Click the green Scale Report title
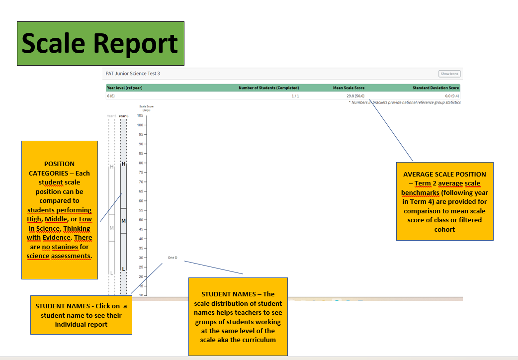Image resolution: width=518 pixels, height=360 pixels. pyautogui.click(x=100, y=44)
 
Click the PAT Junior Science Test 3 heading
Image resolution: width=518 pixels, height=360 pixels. pyautogui.click(x=133, y=74)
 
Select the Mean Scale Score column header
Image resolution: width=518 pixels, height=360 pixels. pyautogui.click(x=348, y=88)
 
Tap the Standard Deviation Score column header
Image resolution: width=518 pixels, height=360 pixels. pyautogui.click(x=435, y=88)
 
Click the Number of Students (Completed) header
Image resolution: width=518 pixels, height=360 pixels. pyautogui.click(x=268, y=88)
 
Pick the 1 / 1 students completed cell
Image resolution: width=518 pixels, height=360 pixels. pyautogui.click(x=295, y=95)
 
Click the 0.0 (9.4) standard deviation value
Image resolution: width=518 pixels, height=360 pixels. pyautogui.click(x=452, y=95)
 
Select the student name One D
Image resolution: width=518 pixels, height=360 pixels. pyautogui.click(x=173, y=258)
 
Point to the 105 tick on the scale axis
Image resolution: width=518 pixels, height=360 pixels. pyautogui.click(x=140, y=115)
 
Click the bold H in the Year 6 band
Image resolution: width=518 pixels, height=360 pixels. pyautogui.click(x=123, y=164)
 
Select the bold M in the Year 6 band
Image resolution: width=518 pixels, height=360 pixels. pyautogui.click(x=123, y=220)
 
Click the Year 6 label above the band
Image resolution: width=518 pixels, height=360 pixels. pyautogui.click(x=123, y=116)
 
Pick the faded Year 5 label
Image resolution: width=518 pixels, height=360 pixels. pyautogui.click(x=111, y=116)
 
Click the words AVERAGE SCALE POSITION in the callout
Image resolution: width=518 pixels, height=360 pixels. pyautogui.click(x=444, y=175)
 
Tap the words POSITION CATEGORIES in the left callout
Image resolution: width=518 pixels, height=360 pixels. pyautogui.click(x=59, y=169)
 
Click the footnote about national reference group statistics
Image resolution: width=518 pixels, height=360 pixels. pyautogui.click(x=405, y=102)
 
